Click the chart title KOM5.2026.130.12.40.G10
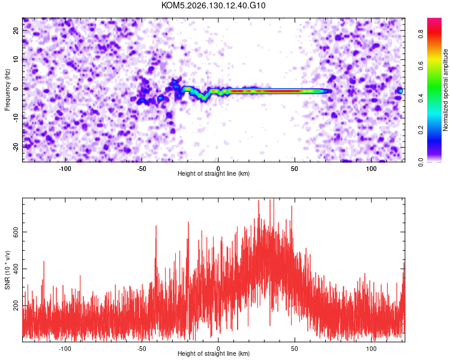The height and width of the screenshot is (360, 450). coord(213,5)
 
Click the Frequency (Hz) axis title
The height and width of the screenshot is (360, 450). coord(7,90)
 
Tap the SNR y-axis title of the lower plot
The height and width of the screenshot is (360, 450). coord(7,270)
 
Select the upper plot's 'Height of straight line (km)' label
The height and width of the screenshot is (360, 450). coord(214,173)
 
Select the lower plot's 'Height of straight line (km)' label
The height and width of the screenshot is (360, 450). coord(214,353)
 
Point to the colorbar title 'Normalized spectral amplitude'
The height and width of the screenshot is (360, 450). coord(445,90)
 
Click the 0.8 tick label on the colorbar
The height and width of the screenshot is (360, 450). coord(421,34)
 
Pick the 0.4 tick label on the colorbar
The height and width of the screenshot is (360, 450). coord(421,98)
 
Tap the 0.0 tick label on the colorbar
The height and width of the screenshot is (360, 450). coord(421,162)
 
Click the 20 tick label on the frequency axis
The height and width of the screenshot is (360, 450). coord(16,31)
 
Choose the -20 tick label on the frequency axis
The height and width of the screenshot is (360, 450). coord(16,148)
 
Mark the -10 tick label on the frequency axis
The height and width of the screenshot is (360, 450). coord(16,118)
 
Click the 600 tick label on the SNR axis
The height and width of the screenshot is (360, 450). coord(16,232)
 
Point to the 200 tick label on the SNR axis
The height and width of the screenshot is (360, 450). coord(16,306)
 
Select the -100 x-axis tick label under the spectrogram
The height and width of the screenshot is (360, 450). coord(65,169)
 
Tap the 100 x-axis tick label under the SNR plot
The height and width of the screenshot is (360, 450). coord(371,349)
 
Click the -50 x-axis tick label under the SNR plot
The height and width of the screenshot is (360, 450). coord(141,349)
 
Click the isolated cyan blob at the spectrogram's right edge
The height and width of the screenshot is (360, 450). coord(401,91)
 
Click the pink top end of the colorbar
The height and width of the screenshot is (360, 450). coord(434,20)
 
